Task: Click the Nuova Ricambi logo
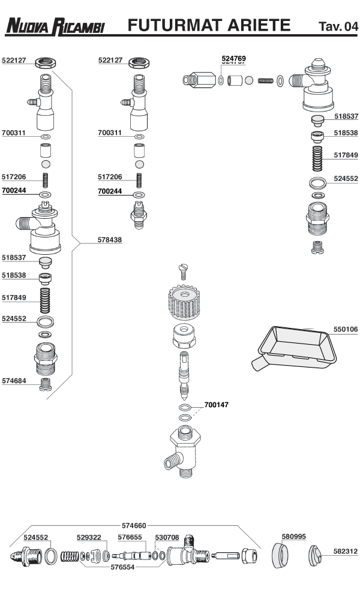click(x=55, y=26)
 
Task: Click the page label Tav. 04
click(x=338, y=27)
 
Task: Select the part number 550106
click(x=346, y=329)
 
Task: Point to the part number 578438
click(x=110, y=240)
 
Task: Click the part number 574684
click(x=14, y=381)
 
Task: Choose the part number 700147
click(x=216, y=405)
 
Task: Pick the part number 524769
click(x=233, y=59)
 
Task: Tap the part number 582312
click(x=346, y=550)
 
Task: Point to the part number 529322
click(x=89, y=537)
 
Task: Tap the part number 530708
click(x=167, y=537)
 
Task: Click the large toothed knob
click(x=186, y=304)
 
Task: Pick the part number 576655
click(x=130, y=537)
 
